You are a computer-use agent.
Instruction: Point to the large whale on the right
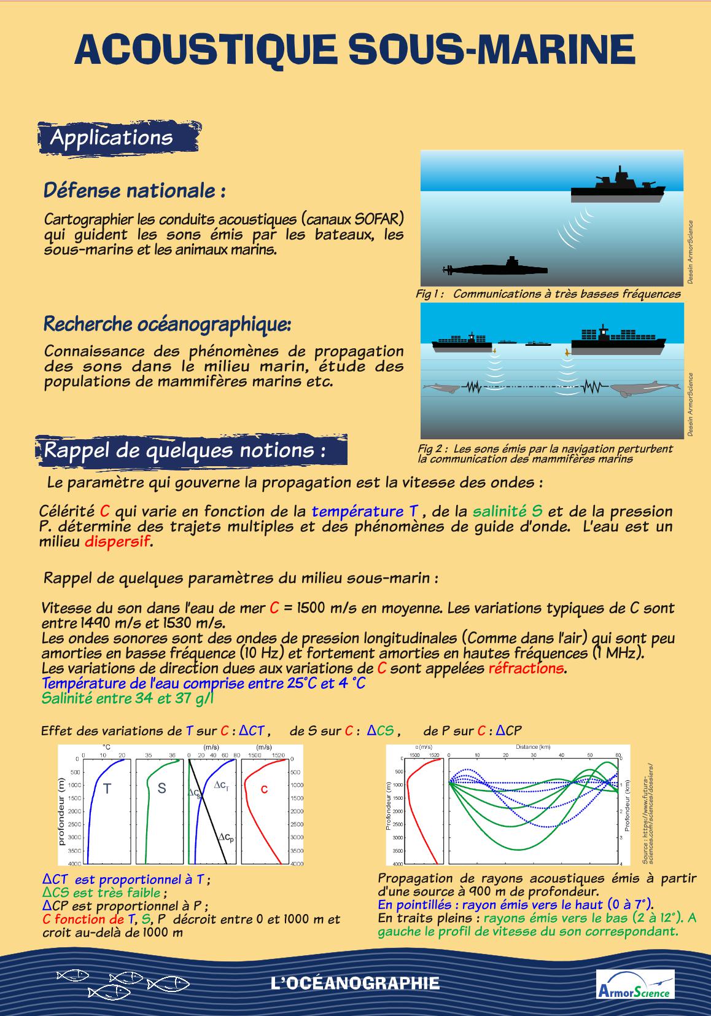pos(642,389)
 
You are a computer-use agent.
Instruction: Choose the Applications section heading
pos(111,138)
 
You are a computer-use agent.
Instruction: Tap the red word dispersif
pos(117,542)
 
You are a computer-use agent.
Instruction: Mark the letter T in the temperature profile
pos(107,789)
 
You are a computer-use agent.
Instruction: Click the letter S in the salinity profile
pos(161,789)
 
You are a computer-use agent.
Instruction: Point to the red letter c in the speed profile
pos(265,789)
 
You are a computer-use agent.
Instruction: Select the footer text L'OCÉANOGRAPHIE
pos(355,983)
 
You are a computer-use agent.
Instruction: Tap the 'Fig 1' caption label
pos(430,294)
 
